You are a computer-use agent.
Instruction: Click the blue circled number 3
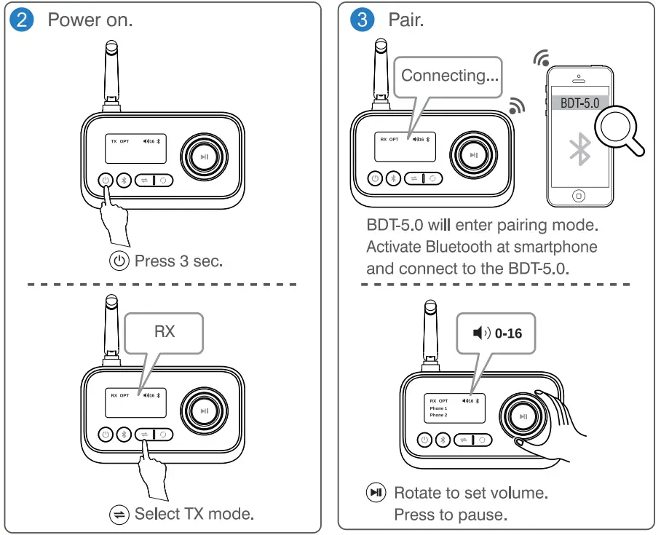[362, 19]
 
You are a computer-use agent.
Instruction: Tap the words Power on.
[90, 20]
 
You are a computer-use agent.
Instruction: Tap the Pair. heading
[406, 20]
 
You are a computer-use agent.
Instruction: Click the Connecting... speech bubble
[448, 76]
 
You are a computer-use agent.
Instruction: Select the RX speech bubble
[165, 331]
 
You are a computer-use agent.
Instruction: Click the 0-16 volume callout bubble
[496, 333]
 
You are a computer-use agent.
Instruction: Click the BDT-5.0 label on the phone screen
[579, 103]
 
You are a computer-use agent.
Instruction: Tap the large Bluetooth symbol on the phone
[579, 150]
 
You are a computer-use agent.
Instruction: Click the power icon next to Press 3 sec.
[119, 261]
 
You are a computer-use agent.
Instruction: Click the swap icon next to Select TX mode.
[118, 515]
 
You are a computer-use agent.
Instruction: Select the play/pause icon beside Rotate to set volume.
[376, 493]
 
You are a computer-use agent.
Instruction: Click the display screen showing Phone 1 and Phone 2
[454, 408]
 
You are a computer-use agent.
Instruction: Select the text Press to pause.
[449, 515]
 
